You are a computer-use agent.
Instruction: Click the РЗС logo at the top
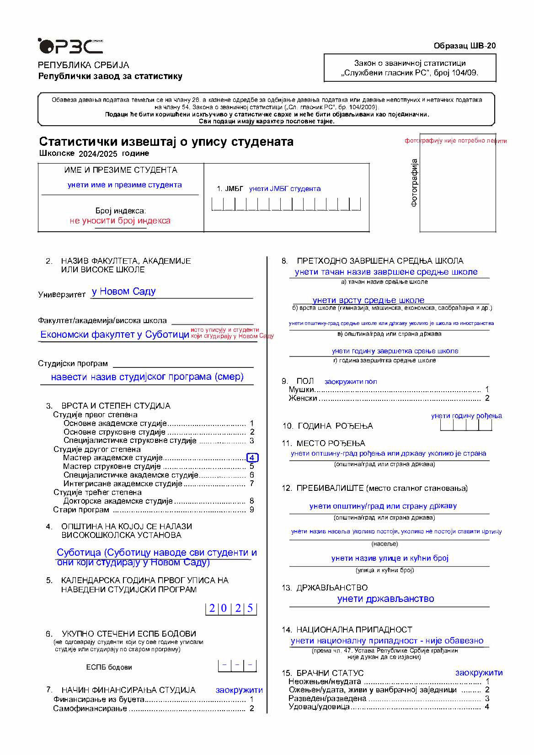(70, 46)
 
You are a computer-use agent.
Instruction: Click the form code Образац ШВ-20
(465, 46)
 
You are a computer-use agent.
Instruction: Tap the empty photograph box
(458, 188)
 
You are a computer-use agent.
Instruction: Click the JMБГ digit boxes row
(286, 204)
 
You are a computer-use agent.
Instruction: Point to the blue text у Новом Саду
(123, 292)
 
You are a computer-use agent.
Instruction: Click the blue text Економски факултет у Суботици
(115, 335)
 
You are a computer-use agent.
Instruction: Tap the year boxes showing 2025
(231, 609)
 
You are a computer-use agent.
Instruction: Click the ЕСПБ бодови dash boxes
(237, 665)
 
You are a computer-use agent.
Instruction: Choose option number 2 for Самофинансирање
(251, 709)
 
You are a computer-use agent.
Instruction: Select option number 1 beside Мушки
(487, 390)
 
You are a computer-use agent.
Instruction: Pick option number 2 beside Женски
(487, 399)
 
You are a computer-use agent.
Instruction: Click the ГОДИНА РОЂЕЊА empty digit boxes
(466, 425)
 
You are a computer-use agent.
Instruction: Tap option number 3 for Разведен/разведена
(487, 699)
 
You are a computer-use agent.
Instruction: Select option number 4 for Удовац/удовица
(487, 707)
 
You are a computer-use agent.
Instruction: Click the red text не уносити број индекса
(120, 221)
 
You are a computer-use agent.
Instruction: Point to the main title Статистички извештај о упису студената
(166, 142)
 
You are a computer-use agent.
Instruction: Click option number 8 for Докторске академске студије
(251, 501)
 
